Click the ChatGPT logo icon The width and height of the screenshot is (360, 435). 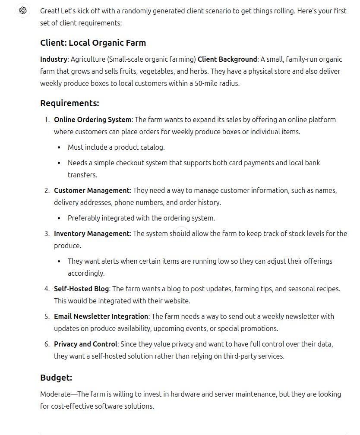[23, 10]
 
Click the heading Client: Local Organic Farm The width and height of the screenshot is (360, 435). [93, 43]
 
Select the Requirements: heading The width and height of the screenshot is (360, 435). [69, 103]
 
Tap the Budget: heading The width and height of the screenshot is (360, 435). [56, 378]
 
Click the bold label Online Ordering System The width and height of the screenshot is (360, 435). [92, 120]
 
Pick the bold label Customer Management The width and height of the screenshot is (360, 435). [92, 190]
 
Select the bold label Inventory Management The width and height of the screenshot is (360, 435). [92, 233]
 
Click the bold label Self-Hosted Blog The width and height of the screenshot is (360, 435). [82, 289]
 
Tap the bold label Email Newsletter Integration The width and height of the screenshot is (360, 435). [101, 316]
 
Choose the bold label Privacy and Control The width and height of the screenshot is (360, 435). [85, 344]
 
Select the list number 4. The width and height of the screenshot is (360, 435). [47, 289]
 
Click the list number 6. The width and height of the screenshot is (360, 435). [47, 344]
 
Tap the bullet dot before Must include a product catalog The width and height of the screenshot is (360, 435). [59, 148]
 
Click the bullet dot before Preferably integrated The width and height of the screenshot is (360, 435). [59, 218]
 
